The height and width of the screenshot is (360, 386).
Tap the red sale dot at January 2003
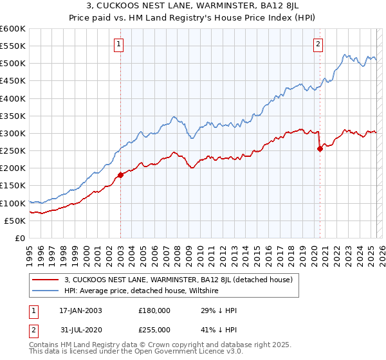[x=120, y=175]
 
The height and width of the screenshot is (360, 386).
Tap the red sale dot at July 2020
[x=320, y=148]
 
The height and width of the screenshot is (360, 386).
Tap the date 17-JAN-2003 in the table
[x=80, y=310]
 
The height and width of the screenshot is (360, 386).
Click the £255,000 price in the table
[x=154, y=329]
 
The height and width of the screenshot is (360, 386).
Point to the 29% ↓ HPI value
[x=212, y=310]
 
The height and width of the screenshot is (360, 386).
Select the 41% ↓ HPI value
[x=212, y=329]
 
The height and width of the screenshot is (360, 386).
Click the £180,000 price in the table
[x=154, y=310]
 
